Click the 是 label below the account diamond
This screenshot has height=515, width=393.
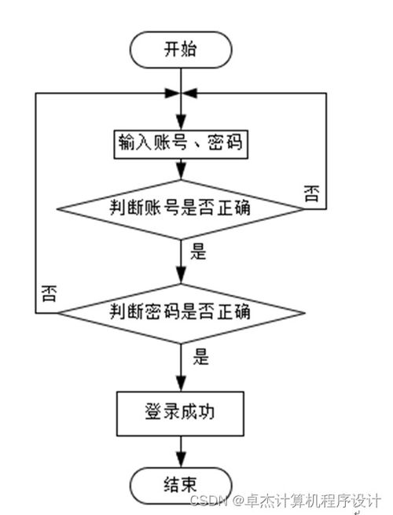click(198, 253)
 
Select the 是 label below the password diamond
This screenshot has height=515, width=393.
click(200, 358)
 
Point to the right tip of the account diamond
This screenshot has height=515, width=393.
click(306, 208)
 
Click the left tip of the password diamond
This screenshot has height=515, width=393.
click(59, 312)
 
